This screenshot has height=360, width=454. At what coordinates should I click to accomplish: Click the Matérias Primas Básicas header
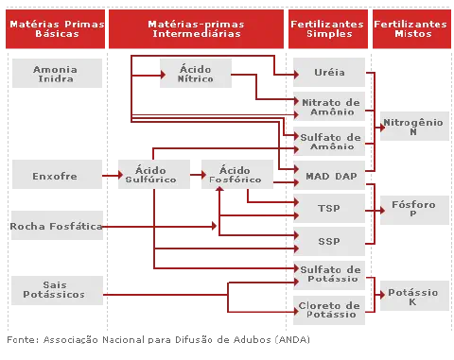coord(57,28)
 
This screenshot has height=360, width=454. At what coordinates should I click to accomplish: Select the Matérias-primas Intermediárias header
coord(197,28)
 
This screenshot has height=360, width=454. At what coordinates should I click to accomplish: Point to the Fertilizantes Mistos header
coord(411,28)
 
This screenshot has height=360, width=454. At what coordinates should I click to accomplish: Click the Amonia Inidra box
coord(56,75)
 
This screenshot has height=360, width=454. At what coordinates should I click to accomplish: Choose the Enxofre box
coord(55,176)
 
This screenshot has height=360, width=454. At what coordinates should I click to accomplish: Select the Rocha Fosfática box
coord(56,227)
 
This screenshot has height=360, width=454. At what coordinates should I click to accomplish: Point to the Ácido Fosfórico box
coord(235,176)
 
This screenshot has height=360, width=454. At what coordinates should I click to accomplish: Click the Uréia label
coord(330,73)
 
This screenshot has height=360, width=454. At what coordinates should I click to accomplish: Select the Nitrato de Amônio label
coord(330,107)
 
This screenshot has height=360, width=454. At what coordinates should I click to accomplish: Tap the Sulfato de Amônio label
coord(330,142)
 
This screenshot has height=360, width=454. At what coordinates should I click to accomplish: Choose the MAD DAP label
coord(330,176)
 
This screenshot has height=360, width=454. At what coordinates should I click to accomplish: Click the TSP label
coord(330,206)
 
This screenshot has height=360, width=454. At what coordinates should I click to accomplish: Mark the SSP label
coord(330,241)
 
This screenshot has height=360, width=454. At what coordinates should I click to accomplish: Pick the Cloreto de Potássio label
coord(330,310)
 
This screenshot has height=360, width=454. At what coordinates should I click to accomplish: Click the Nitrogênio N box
coord(412,128)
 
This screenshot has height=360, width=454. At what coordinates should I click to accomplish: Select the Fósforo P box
coord(412,210)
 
